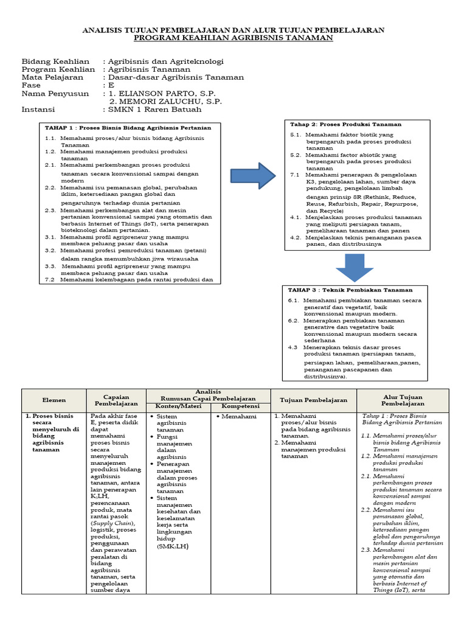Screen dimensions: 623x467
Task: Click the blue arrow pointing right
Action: tap(253, 176)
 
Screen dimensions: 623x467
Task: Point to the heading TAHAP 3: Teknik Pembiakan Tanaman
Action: tap(350, 290)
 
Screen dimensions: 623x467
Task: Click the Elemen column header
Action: tap(54, 400)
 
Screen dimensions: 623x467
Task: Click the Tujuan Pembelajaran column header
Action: tap(313, 400)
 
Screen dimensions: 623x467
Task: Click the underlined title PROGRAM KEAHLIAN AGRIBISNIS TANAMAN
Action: tap(233, 38)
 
